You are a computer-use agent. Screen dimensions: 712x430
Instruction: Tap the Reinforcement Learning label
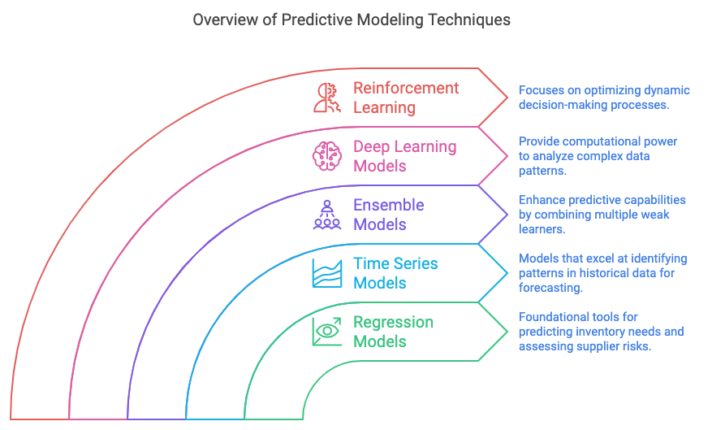click(406, 98)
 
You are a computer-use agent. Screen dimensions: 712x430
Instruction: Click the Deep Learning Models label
click(404, 156)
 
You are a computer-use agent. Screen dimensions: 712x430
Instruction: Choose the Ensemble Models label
click(389, 215)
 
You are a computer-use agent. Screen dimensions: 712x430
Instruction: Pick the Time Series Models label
click(395, 273)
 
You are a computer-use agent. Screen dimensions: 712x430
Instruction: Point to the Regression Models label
click(393, 332)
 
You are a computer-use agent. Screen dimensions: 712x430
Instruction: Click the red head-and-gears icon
click(327, 98)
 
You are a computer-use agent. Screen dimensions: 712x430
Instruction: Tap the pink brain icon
click(327, 156)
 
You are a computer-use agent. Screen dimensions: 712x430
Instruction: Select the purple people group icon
click(327, 215)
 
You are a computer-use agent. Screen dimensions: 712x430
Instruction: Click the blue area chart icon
click(327, 273)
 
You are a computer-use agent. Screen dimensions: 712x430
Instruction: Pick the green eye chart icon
click(327, 332)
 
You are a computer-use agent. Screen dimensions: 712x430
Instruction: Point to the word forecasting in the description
click(550, 289)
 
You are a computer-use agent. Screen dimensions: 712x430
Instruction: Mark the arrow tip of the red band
click(507, 98)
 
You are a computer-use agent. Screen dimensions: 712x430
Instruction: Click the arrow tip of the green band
click(507, 332)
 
